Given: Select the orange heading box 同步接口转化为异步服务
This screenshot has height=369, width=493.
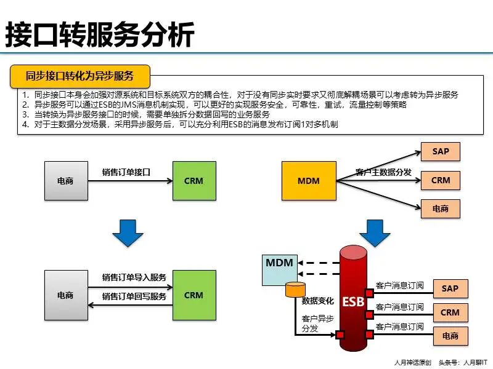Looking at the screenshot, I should tap(80, 76).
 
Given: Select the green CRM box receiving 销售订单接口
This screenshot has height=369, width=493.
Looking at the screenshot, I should tap(194, 181).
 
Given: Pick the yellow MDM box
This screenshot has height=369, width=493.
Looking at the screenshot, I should tap(308, 181).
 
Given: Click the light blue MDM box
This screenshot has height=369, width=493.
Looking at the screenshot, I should tap(279, 269).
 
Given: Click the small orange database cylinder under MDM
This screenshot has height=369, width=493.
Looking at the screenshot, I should tap(295, 290).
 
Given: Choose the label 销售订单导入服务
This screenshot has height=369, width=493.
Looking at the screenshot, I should tap(134, 277).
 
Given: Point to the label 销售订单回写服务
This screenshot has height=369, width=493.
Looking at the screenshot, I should tap(134, 296).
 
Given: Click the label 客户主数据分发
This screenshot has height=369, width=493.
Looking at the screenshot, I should tap(383, 172).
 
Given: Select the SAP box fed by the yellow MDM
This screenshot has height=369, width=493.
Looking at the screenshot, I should tap(441, 151).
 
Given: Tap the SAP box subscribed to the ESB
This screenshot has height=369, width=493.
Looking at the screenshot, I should tap(450, 288).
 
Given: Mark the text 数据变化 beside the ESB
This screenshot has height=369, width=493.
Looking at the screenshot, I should tap(317, 301).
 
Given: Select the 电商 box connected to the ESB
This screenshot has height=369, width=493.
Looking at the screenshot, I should tap(450, 336).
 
